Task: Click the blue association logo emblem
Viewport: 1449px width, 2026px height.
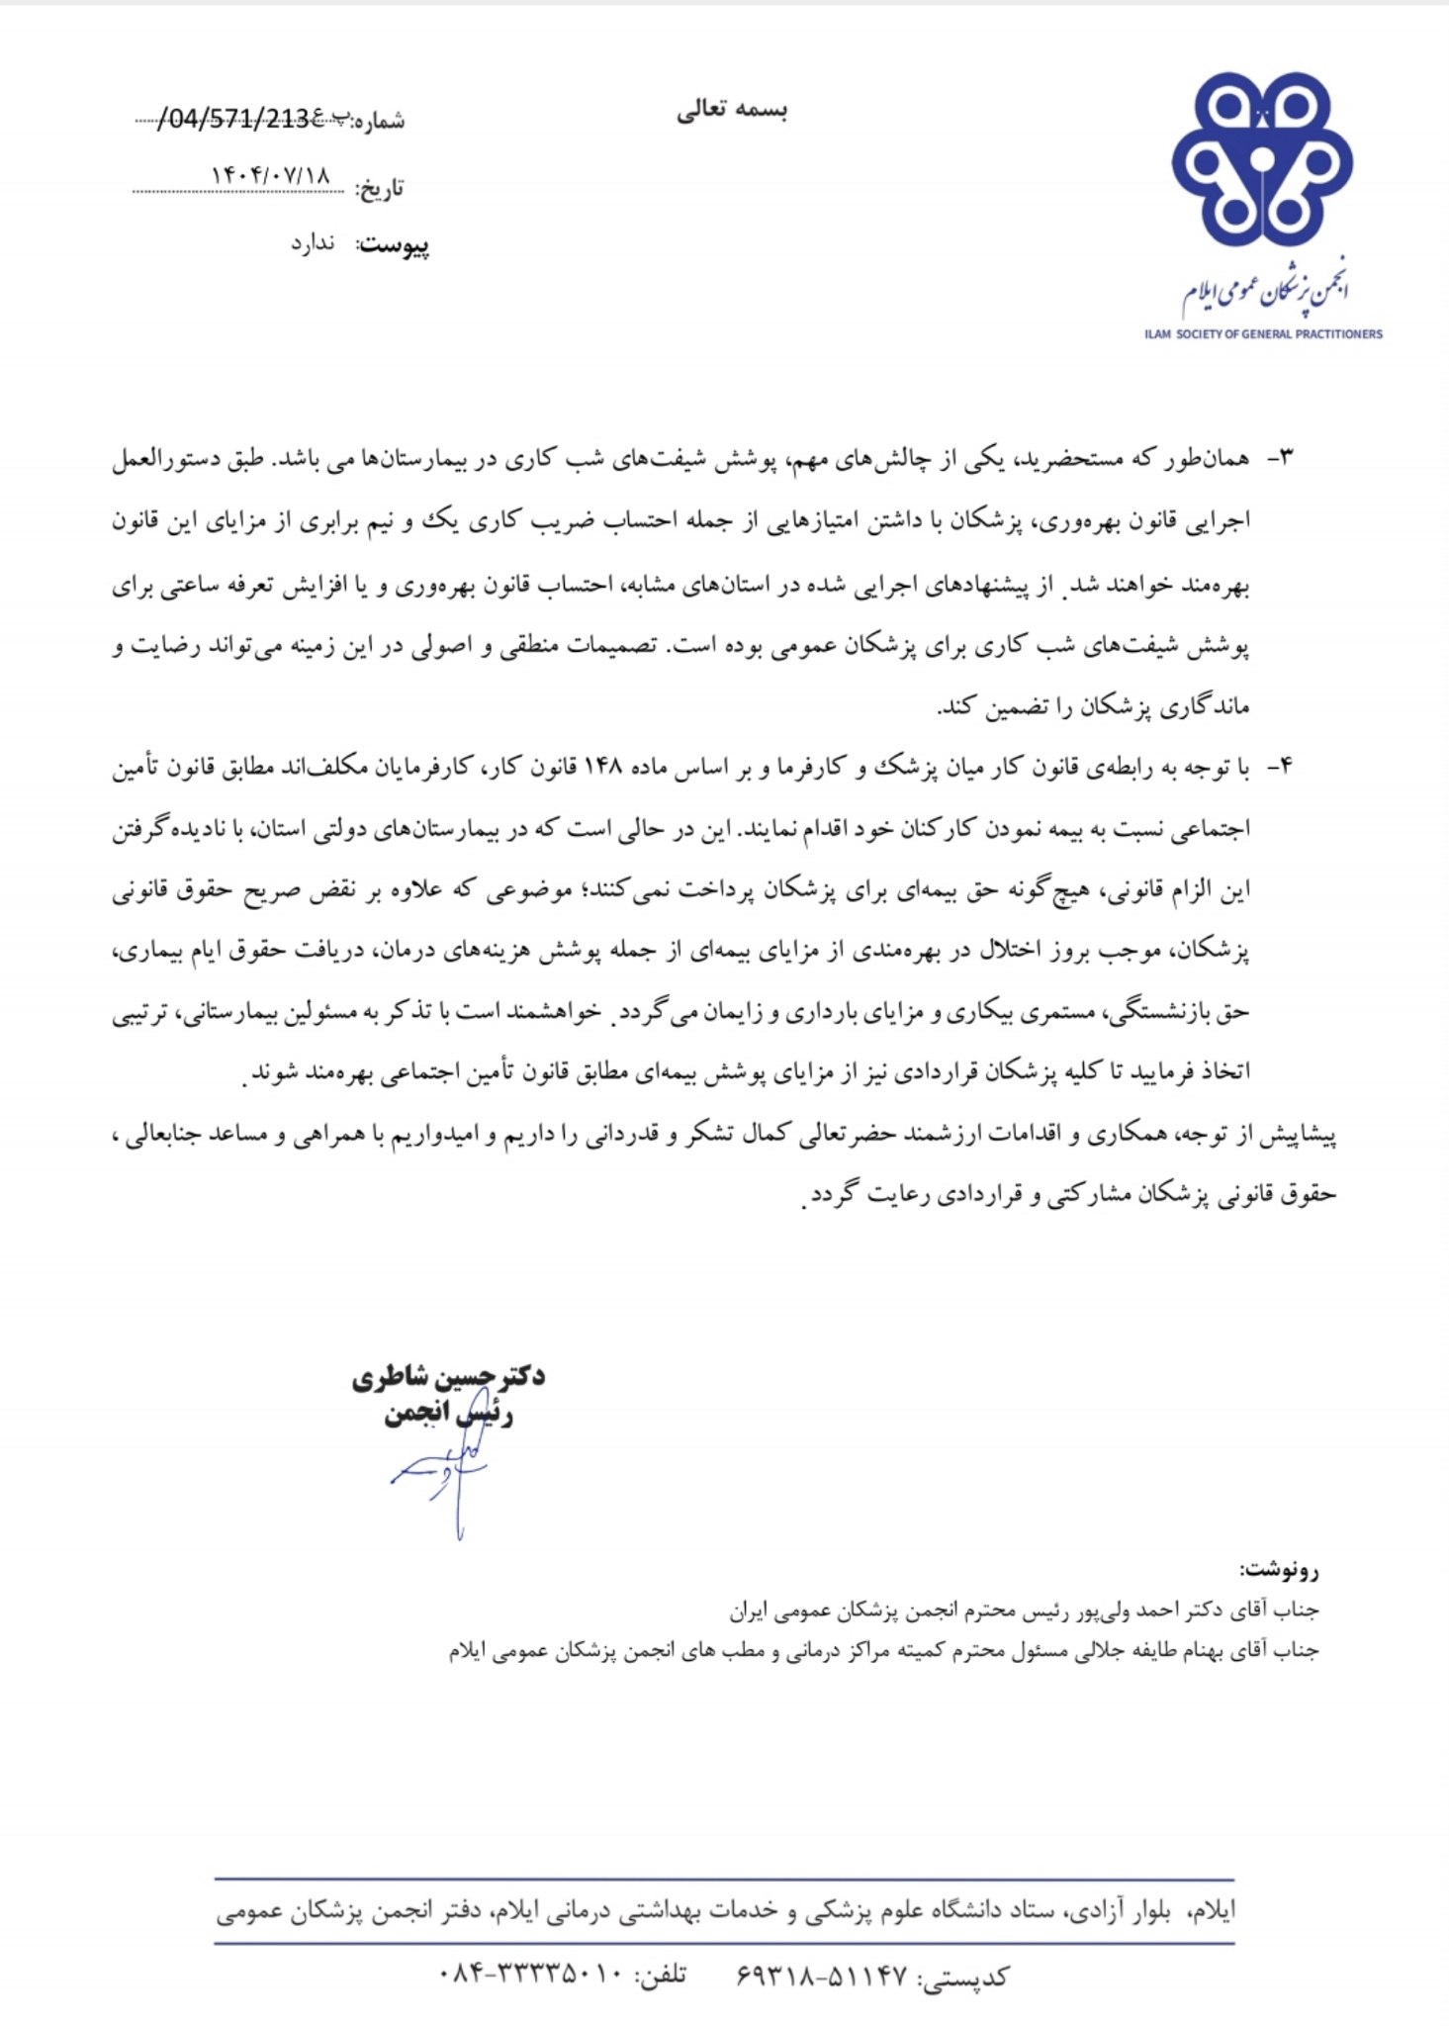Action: pyautogui.click(x=1261, y=159)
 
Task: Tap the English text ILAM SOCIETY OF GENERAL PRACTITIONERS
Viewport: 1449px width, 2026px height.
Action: pyautogui.click(x=1263, y=334)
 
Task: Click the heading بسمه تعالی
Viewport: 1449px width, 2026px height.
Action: pyautogui.click(x=732, y=110)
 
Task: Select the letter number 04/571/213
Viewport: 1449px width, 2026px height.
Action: pyautogui.click(x=237, y=120)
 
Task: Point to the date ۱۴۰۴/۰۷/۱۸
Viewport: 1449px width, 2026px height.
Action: pyautogui.click(x=270, y=174)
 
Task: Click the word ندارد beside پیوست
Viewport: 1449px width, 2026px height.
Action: pyautogui.click(x=313, y=243)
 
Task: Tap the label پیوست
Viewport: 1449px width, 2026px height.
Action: pyautogui.click(x=393, y=245)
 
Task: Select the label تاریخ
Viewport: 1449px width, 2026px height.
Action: pyautogui.click(x=380, y=188)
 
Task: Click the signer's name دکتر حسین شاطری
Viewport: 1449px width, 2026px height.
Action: pyautogui.click(x=448, y=1376)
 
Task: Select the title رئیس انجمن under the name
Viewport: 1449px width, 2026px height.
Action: pyautogui.click(x=448, y=1415)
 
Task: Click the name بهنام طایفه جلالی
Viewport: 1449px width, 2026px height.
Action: pyautogui.click(x=1132, y=1651)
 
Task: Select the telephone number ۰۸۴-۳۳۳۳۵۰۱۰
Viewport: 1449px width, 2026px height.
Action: pyautogui.click(x=530, y=1974)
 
